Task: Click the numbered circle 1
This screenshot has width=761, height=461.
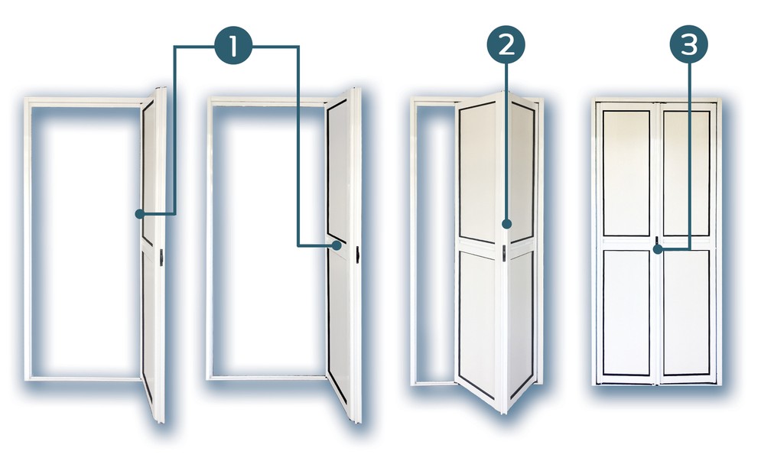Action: pos(233,46)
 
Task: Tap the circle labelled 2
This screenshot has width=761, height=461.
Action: pos(506,44)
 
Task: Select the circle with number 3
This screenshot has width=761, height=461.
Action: pos(688,44)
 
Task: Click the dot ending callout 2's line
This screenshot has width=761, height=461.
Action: pos(506,224)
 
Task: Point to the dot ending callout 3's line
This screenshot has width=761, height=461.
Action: pos(658,250)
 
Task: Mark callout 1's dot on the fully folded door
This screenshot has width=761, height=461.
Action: pos(139,214)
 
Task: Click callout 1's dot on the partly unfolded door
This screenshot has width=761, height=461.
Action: pos(336,246)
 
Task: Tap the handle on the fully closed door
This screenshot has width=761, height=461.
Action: pos(656,242)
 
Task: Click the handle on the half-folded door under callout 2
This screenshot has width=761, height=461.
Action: pos(504,253)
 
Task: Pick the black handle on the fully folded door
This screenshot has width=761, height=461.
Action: pos(161,257)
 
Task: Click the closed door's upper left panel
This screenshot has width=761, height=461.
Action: pos(626,174)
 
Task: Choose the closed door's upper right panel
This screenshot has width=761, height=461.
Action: pos(686,174)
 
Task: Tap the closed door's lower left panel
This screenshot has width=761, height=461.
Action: pos(626,313)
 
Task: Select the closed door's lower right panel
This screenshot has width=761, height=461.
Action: pos(686,313)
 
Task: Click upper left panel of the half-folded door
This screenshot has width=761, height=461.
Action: pos(477,172)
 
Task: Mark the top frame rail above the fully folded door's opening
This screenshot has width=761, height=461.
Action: pos(86,102)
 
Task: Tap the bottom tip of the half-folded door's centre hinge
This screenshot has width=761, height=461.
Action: pos(504,414)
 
